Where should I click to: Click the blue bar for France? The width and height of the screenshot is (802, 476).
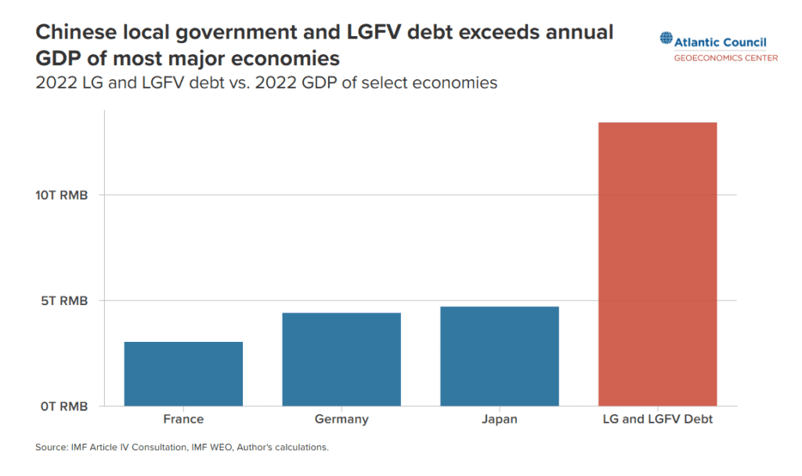click(x=183, y=374)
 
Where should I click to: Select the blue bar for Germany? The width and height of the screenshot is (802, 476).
click(x=341, y=359)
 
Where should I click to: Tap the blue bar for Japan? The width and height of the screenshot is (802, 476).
click(x=500, y=356)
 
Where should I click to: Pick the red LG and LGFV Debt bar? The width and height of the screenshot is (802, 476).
click(x=657, y=264)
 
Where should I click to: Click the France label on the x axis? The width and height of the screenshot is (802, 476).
click(x=183, y=420)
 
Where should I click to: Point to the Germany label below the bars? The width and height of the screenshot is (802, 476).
click(x=341, y=420)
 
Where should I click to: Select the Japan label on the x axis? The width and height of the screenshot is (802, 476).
click(x=500, y=420)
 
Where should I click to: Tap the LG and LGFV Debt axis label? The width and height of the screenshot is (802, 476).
click(x=657, y=420)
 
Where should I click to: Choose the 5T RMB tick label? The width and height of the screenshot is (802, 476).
click(x=64, y=300)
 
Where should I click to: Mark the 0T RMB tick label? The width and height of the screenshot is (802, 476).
click(x=64, y=406)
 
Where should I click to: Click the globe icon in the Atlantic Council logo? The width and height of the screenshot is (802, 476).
click(x=666, y=38)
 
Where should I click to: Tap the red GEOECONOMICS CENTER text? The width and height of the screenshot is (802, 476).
click(x=726, y=58)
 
